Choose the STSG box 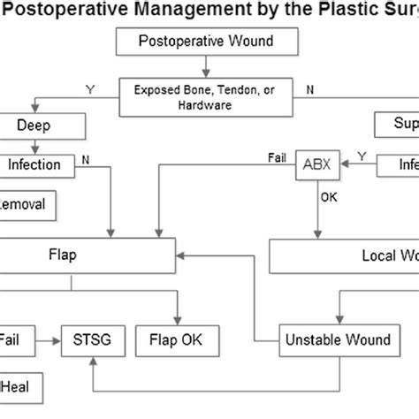[x=93, y=338]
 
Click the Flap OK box [x=179, y=338]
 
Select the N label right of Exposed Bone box [x=309, y=88]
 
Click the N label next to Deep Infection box [x=85, y=160]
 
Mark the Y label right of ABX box [x=361, y=156]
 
